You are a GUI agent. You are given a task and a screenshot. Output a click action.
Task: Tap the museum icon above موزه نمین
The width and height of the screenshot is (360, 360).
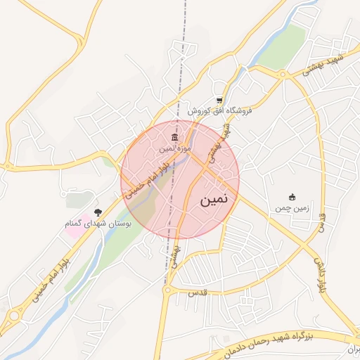click(x=175, y=136)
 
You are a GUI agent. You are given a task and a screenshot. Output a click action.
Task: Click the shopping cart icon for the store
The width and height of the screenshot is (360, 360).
click(x=220, y=100)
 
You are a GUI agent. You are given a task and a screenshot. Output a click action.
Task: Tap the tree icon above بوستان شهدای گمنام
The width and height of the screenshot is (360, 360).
click(x=97, y=211)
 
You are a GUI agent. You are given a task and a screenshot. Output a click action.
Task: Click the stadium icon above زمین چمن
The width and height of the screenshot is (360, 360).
click(x=292, y=196)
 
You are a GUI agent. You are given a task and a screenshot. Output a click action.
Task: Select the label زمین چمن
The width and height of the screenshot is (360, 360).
click(x=291, y=208)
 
